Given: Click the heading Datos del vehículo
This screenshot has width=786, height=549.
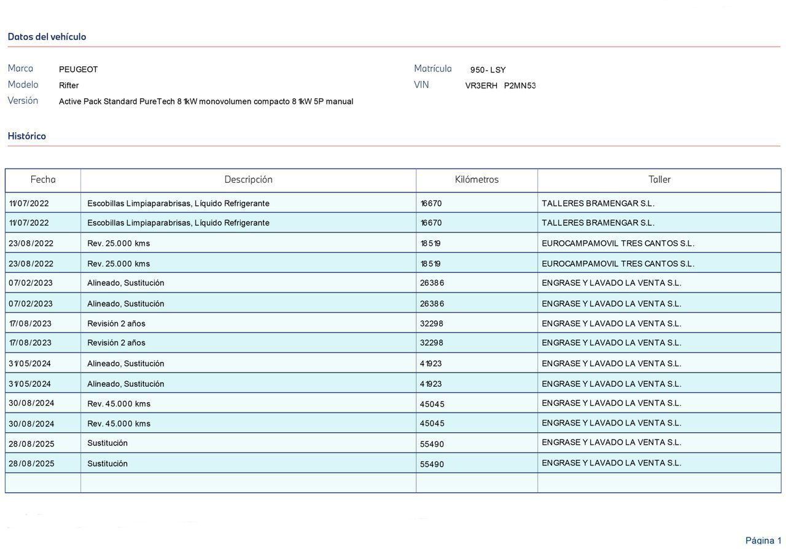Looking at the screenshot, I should pos(47,37).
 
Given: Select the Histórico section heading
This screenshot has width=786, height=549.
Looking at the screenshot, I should pos(27,136).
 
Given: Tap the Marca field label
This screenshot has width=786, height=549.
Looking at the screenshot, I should pos(20,68).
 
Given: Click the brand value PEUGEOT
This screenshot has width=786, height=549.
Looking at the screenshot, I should pos(79,69).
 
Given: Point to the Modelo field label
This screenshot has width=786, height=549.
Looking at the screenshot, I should pos(23,84).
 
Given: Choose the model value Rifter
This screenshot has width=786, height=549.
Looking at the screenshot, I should pos(69,85).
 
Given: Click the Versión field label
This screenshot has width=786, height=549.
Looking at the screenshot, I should pos(23,100).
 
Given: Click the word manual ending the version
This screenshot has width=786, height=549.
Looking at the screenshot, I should pos(340,101).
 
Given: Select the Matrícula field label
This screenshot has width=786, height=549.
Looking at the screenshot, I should pos(433,68).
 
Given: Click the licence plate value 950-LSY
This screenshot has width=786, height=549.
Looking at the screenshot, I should pos(488,70).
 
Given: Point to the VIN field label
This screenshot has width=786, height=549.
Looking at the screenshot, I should pos(421,84).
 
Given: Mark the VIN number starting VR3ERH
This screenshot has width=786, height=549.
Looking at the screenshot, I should pos(500,86).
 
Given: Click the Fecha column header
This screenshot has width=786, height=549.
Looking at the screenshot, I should pos(43,180).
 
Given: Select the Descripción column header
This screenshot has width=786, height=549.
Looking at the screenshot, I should pos(248,180).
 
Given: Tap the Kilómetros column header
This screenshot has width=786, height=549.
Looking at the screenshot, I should pos(477,180).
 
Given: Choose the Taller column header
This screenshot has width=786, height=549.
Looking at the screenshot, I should pos(660,180).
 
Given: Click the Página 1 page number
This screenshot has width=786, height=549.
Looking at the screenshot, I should pos(763,540).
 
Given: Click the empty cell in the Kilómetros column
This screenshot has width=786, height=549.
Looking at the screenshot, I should pos(477,483).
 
